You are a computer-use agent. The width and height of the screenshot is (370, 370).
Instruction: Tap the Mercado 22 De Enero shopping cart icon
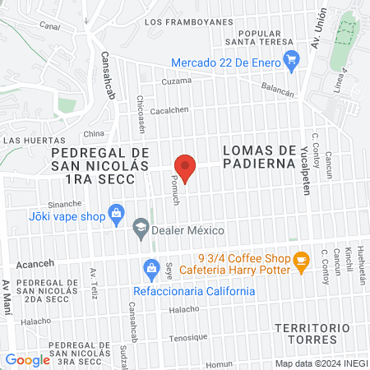tap(290, 59)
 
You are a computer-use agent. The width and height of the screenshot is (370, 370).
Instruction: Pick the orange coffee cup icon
tap(301, 261)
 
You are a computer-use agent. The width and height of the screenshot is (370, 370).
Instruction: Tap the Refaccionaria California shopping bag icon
tap(150, 267)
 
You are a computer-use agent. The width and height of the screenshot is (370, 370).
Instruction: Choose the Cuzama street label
tap(176, 81)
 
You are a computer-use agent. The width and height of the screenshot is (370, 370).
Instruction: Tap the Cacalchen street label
tap(170, 109)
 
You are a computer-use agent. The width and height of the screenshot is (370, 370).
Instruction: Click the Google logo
tap(27, 359)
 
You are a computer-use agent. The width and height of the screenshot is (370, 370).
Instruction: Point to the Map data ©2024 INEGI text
tap(320, 363)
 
